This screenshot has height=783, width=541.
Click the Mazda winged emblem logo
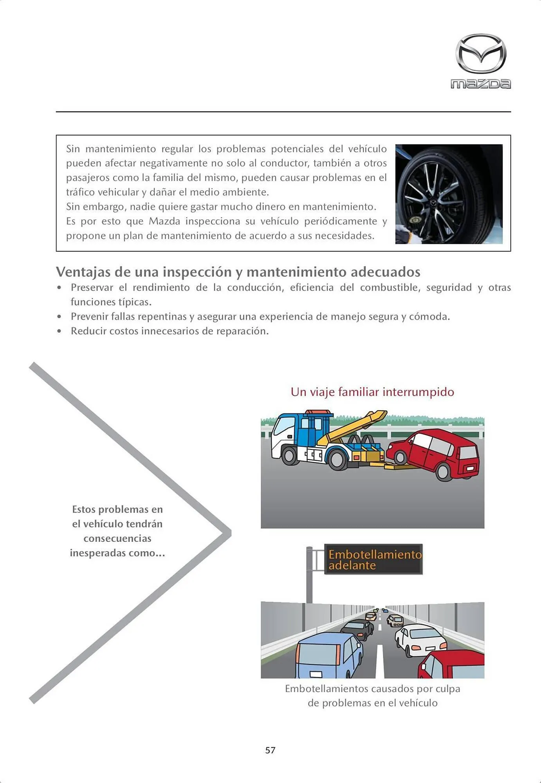pyautogui.click(x=481, y=54)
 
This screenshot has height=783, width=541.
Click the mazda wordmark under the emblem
pyautogui.click(x=481, y=84)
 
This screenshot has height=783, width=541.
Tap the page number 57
pyautogui.click(x=270, y=750)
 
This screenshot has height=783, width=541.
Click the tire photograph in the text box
pyautogui.click(x=449, y=194)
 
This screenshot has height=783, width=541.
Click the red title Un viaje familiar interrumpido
pyautogui.click(x=372, y=392)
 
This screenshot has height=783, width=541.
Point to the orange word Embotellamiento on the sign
pyautogui.click(x=375, y=554)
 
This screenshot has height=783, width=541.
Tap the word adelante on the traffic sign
pyautogui.click(x=352, y=565)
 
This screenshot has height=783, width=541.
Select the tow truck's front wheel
pyautogui.click(x=290, y=455)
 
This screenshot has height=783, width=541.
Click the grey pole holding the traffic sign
pyautogui.click(x=309, y=576)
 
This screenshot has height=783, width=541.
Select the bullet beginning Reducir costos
pyautogui.click(x=170, y=331)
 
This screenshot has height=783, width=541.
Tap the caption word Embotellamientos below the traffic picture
pyautogui.click(x=326, y=689)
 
